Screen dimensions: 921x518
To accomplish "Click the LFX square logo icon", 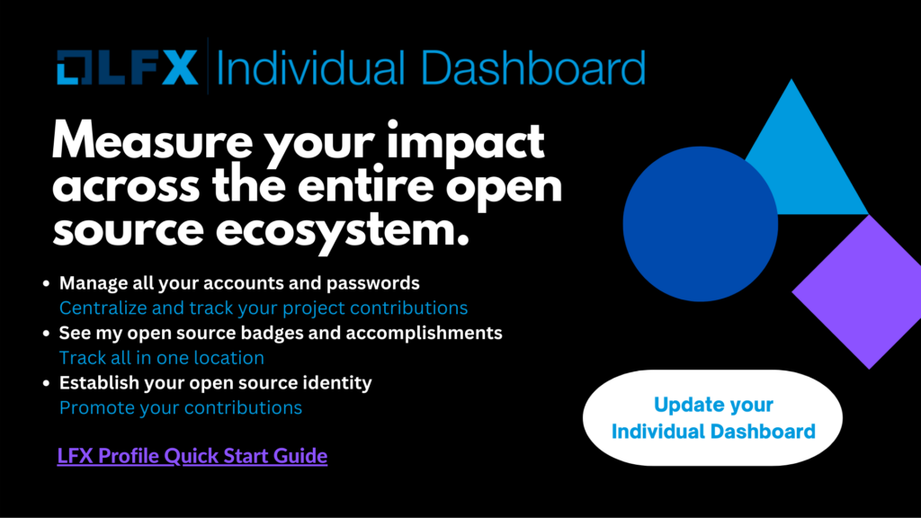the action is [x=74, y=67].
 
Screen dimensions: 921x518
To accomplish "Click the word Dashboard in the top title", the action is [x=533, y=67].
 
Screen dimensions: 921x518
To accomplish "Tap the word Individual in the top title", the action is [x=310, y=67].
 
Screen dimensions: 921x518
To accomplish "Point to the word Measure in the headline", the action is [x=152, y=141].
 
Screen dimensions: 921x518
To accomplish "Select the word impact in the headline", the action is [x=465, y=143].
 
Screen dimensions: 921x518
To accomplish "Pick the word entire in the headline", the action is [x=367, y=185].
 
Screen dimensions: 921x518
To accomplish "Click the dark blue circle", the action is [x=700, y=224].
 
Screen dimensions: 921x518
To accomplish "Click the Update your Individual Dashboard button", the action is [x=712, y=417].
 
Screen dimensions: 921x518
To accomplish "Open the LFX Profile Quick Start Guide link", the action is [x=192, y=456].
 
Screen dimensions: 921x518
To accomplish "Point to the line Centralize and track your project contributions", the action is [x=264, y=308].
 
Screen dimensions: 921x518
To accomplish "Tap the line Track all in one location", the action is [x=162, y=358].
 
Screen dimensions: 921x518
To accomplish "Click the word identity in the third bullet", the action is [x=337, y=383].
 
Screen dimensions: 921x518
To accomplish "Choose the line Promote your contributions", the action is [x=181, y=408].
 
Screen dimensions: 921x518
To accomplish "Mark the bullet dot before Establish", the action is [x=47, y=383].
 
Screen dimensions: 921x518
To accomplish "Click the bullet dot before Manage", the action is [x=47, y=283].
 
